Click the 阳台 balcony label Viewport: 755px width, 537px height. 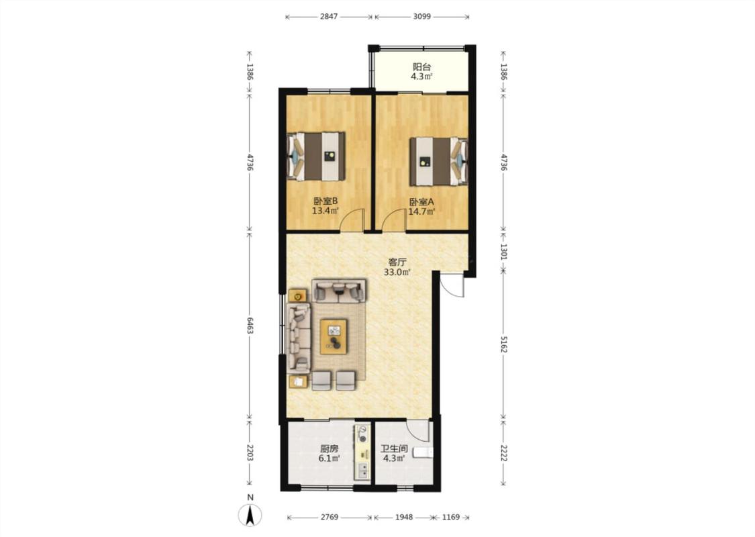coord(422,67)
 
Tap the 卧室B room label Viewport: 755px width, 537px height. coord(325,201)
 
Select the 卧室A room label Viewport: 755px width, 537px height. coord(422,202)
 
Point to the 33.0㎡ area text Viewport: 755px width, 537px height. coord(397,272)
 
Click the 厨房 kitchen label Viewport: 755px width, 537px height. coord(330,448)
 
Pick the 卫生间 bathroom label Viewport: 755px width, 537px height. coord(394,448)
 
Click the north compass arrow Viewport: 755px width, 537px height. coord(250,516)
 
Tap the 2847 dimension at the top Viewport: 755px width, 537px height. coord(329,16)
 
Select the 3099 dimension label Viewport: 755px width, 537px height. coord(422,16)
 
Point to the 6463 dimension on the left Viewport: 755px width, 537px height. coord(250,325)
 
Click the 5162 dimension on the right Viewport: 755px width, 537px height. coord(503,344)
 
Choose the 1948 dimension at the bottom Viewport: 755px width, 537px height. coord(404,518)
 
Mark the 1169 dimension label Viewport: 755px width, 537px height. coord(451,518)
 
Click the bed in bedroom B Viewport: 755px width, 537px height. coord(316,156)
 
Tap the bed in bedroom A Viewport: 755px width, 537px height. coord(439,161)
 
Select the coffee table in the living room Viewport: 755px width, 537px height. coord(334,336)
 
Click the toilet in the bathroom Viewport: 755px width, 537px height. coord(423,452)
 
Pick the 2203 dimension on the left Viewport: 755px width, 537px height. coord(250,452)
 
